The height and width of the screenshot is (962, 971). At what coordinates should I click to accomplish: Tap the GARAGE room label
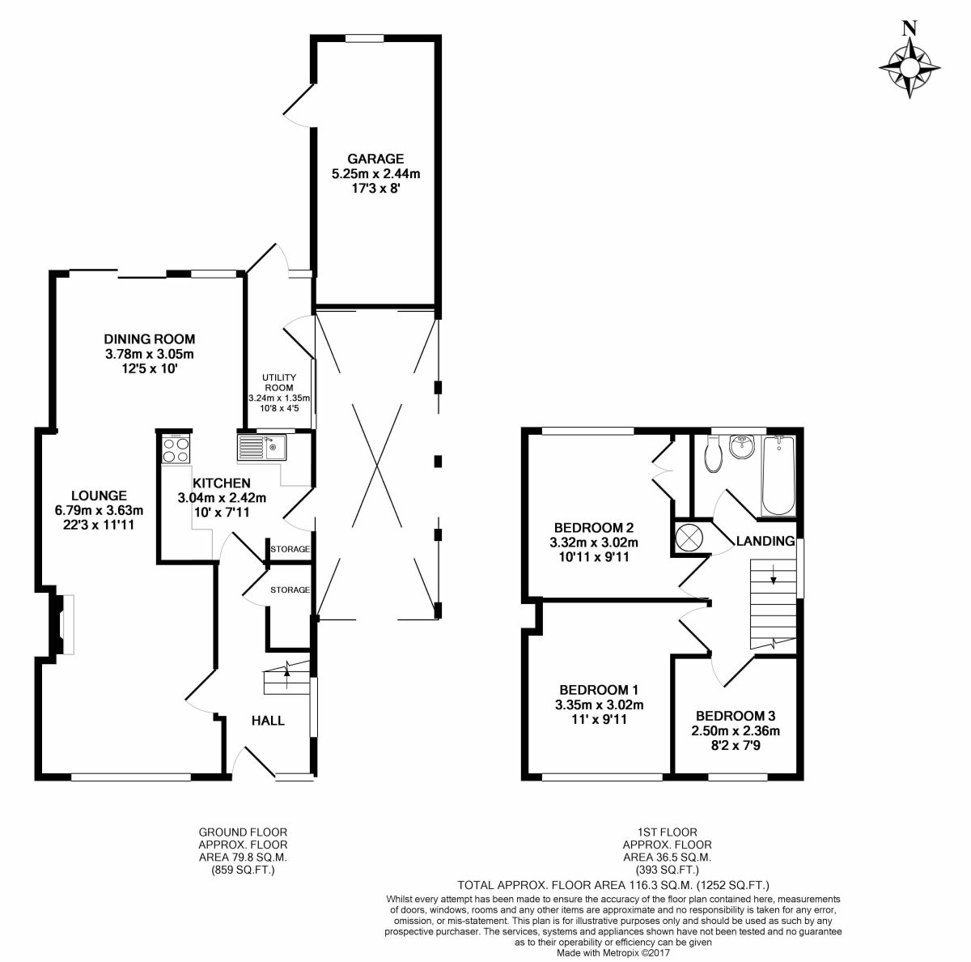(x=375, y=159)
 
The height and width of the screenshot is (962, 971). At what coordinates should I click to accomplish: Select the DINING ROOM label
(x=150, y=339)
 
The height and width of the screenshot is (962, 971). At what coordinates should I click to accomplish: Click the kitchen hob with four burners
(x=175, y=449)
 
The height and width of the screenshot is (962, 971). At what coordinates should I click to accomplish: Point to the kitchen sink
(x=263, y=446)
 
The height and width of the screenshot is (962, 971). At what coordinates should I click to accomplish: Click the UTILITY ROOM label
(x=279, y=383)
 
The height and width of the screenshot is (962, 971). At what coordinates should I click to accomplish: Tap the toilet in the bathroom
(x=713, y=455)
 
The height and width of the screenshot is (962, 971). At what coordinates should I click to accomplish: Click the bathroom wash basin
(x=741, y=445)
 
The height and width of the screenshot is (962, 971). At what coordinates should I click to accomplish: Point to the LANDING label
(x=765, y=541)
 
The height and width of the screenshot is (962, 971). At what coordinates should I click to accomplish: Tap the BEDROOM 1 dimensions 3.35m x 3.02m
(x=600, y=704)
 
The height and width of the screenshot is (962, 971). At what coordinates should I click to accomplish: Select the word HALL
(x=268, y=720)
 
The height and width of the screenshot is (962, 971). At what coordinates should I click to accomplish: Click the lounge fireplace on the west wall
(x=64, y=624)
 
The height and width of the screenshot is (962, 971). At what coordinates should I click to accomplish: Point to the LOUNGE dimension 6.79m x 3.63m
(x=99, y=510)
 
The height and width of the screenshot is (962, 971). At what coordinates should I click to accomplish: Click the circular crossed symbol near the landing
(x=690, y=538)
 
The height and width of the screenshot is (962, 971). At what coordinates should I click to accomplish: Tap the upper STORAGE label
(x=290, y=549)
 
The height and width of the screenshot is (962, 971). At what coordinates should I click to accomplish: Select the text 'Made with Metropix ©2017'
(x=614, y=954)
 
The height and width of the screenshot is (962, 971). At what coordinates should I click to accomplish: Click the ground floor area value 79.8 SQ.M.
(x=243, y=857)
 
